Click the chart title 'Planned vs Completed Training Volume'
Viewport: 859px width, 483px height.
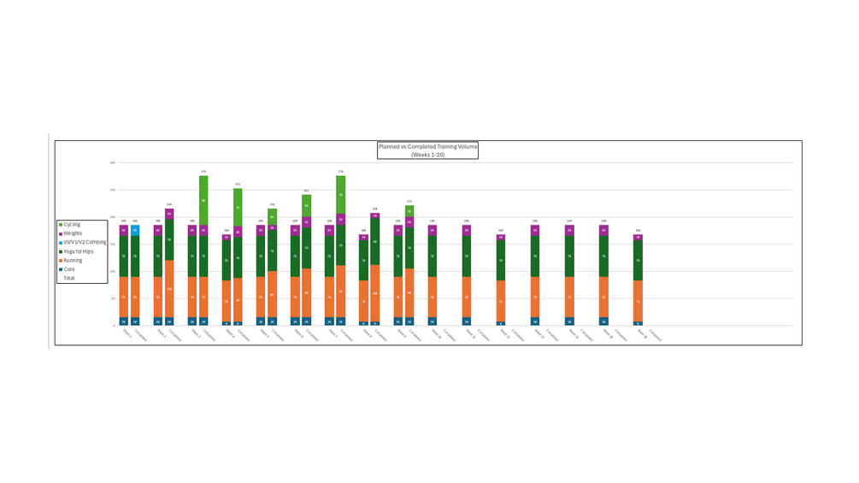(x=427, y=147)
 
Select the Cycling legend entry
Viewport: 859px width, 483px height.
(x=72, y=225)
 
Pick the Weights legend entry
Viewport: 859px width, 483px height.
(x=73, y=233)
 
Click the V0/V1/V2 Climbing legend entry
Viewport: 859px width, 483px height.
(x=85, y=243)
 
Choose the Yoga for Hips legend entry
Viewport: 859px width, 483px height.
(x=78, y=251)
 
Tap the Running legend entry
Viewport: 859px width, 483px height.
(x=73, y=261)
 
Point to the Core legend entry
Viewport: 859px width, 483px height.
(x=69, y=269)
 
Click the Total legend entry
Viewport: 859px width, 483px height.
(x=69, y=278)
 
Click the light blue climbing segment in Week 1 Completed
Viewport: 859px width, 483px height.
(x=135, y=230)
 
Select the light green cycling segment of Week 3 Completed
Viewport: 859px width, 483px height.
(x=203, y=200)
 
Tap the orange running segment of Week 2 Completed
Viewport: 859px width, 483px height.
(x=169, y=289)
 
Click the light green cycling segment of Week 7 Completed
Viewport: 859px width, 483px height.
(x=341, y=194)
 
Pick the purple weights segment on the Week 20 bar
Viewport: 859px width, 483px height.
(x=638, y=238)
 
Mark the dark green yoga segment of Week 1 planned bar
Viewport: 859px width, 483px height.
(x=124, y=256)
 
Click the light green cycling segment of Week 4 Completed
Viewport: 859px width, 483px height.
(x=238, y=207)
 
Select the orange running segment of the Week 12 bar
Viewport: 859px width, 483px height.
(x=501, y=301)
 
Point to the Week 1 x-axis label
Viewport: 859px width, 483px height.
(x=126, y=333)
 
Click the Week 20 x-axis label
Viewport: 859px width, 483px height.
(x=641, y=333)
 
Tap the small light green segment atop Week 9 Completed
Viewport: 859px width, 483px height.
(x=409, y=210)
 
